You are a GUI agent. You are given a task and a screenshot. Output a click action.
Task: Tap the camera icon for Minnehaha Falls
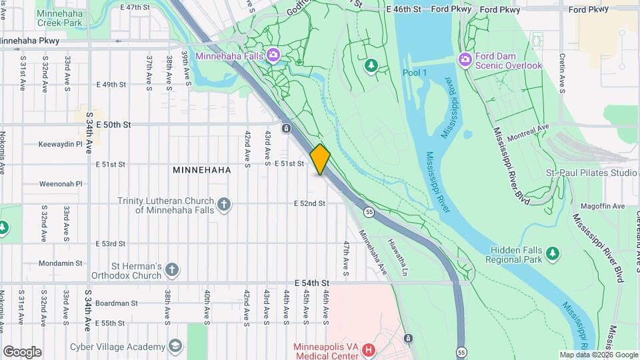pos(272,55)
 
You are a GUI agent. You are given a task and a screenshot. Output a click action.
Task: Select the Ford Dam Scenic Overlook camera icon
pos(465,60)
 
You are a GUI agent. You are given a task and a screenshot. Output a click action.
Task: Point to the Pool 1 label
pos(414,72)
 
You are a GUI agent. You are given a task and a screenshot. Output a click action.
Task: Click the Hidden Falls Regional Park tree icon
pos(551,253)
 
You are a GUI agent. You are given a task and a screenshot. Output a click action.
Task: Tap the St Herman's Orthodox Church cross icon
pos(172,270)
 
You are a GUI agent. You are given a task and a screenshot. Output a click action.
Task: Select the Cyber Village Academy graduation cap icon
pos(175,346)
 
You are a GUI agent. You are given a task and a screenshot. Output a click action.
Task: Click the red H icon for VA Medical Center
pos(369,349)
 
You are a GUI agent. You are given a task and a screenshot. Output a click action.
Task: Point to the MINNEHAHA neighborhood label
pos(201,170)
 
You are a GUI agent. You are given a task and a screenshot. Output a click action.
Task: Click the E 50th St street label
pos(113,125)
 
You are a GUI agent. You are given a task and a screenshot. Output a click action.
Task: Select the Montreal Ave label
pos(527,127)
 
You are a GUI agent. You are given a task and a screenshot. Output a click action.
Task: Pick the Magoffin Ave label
pos(601,206)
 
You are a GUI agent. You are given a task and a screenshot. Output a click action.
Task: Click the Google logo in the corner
pos(22,352)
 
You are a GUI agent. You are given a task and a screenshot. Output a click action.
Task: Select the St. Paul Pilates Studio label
pos(591,173)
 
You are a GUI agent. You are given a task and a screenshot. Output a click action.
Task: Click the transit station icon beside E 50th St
pos(286,128)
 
